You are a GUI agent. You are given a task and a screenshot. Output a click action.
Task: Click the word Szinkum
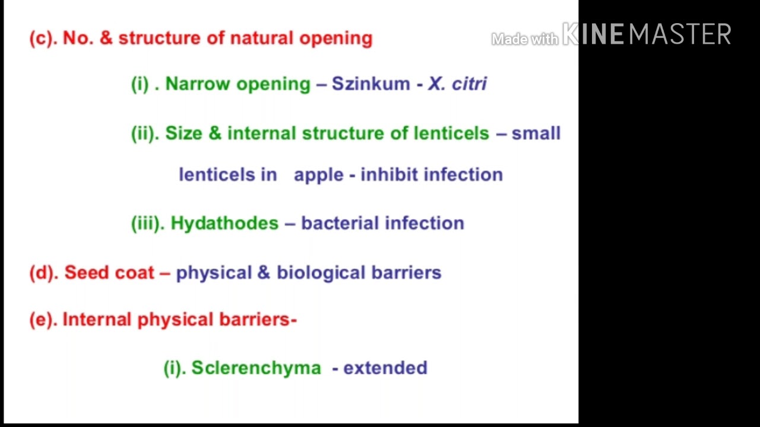370,84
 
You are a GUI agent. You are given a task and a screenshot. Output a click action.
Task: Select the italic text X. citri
457,84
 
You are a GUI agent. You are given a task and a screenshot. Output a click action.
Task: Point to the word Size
183,133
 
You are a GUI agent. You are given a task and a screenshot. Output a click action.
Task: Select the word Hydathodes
224,224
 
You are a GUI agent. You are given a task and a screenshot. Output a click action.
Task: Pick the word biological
321,273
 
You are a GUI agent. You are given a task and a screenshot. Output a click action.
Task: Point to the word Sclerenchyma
256,368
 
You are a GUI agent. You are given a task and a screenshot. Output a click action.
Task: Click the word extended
385,368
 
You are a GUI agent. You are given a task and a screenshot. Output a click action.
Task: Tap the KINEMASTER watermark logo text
647,34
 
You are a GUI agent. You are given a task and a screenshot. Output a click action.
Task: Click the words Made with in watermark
524,39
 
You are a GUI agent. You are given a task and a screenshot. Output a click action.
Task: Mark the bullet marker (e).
43,320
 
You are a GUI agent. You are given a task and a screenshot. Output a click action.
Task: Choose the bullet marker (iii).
147,224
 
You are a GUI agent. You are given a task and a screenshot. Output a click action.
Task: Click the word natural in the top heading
262,38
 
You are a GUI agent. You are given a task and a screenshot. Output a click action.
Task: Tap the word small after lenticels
536,133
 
